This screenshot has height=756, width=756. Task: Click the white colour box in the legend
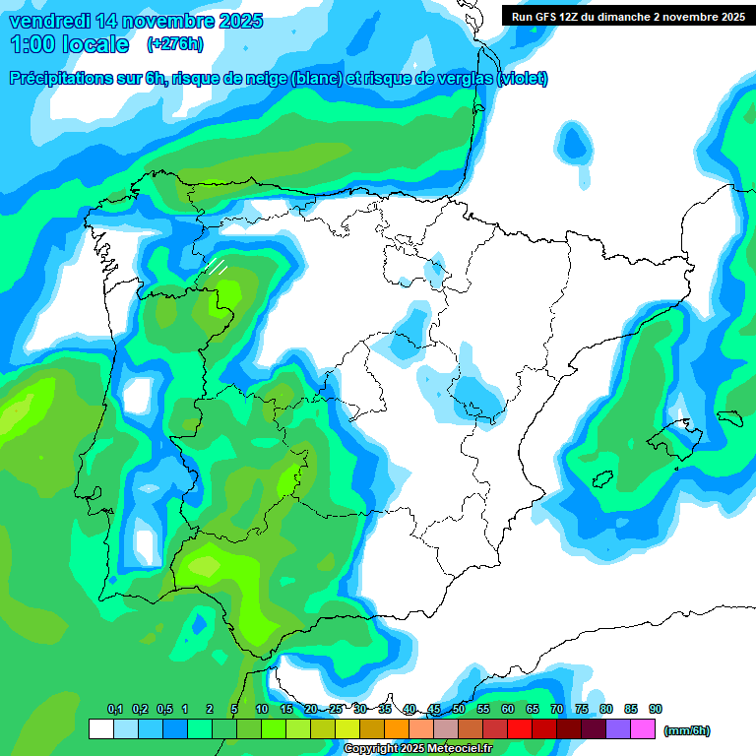100,728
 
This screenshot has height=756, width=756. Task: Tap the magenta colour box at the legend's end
643,728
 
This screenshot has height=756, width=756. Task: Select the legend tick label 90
656,710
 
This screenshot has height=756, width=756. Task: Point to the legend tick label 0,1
115,710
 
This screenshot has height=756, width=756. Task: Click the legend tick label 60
508,710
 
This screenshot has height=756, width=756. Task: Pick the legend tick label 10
262,710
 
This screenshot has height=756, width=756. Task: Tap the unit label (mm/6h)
687,730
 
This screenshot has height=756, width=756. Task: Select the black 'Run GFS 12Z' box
626,16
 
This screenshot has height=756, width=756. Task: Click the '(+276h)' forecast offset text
174,44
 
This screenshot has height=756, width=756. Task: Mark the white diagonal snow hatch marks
217,265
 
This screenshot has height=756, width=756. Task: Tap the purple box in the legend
618,728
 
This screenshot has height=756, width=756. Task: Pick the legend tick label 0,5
163,710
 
